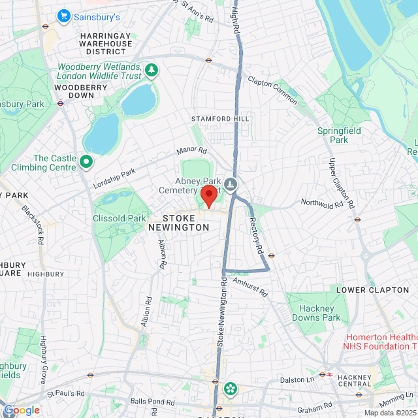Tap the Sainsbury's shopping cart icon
64,16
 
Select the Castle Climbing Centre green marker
86,161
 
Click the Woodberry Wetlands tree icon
152,69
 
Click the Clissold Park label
119,218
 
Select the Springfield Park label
339,135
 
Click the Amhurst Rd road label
251,287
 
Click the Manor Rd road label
191,155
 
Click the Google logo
22,410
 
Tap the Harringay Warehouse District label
106,44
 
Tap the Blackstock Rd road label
31,225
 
